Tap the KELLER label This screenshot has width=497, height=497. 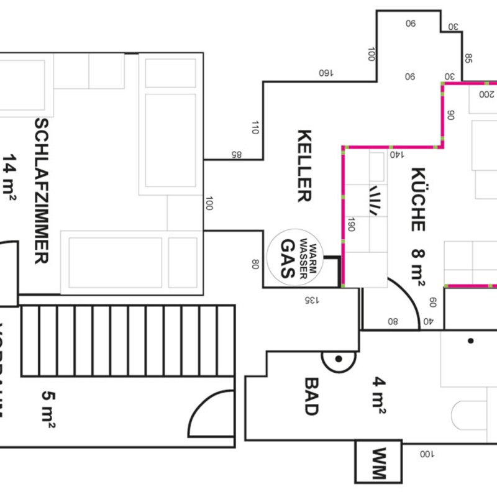(304, 166)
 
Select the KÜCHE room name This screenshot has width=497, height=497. (417, 199)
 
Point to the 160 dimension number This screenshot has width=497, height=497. (326, 73)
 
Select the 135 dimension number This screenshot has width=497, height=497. (312, 300)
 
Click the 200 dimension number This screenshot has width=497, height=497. (486, 94)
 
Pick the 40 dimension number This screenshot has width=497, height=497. (427, 322)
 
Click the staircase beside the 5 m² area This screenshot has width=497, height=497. (127, 340)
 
